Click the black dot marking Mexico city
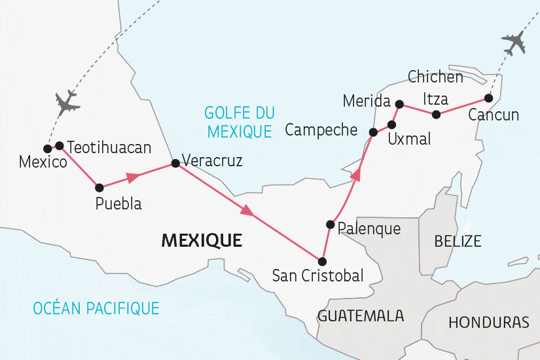pyautogui.click(x=47, y=148)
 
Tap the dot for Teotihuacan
pyautogui.click(x=60, y=145)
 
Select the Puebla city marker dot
pyautogui.click(x=99, y=187)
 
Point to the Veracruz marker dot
pyautogui.click(x=175, y=164)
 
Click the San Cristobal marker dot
pyautogui.click(x=322, y=261)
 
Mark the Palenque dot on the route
pyautogui.click(x=331, y=225)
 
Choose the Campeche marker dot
pyautogui.click(x=373, y=132)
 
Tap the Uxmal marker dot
pyautogui.click(x=392, y=124)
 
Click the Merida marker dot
pyautogui.click(x=399, y=103)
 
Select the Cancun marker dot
pyautogui.click(x=488, y=98)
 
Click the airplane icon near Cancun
pyautogui.click(x=514, y=43)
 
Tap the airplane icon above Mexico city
pyautogui.click(x=67, y=103)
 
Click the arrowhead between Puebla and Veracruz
pyautogui.click(x=133, y=176)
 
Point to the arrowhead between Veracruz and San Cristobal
pyautogui.click(x=247, y=211)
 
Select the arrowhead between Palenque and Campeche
pyautogui.click(x=356, y=174)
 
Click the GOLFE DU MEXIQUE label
pyautogui.click(x=239, y=122)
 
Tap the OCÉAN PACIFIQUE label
pyautogui.click(x=98, y=307)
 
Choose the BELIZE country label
pyautogui.click(x=458, y=241)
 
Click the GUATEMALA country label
pyautogui.click(x=361, y=316)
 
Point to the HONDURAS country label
pyautogui.click(x=489, y=323)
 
